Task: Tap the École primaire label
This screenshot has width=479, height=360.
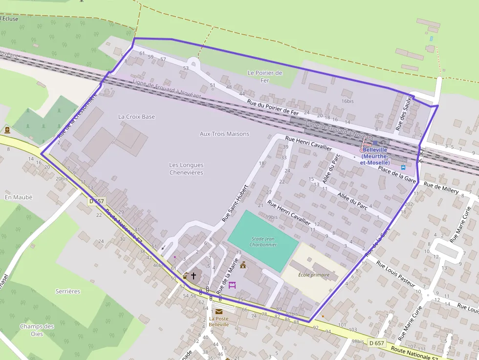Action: (x=314, y=275)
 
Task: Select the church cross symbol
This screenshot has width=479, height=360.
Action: (x=194, y=276)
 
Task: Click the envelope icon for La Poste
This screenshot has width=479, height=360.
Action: (x=218, y=311)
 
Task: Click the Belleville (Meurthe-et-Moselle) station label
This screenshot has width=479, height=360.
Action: (x=375, y=156)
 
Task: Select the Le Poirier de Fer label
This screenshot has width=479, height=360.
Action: (x=265, y=77)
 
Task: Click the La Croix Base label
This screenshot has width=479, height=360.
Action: (x=136, y=117)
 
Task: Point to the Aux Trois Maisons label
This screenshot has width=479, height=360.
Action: (x=224, y=134)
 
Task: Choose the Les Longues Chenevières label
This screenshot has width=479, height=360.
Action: (x=186, y=169)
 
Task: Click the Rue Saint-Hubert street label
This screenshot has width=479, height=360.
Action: (x=235, y=203)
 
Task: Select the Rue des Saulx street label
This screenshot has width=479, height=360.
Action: (x=404, y=113)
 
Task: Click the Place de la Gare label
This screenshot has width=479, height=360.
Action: (x=397, y=174)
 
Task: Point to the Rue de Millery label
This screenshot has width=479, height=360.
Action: (x=441, y=188)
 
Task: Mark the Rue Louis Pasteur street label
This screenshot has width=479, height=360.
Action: (x=395, y=274)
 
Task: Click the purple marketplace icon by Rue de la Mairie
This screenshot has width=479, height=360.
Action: (x=232, y=285)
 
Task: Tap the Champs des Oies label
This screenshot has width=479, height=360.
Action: (x=37, y=330)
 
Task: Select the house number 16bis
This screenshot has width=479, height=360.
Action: (x=348, y=101)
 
